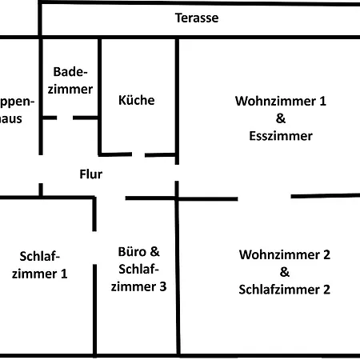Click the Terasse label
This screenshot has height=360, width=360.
(197, 18)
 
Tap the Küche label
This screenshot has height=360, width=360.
(136, 101)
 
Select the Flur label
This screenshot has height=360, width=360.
(90, 173)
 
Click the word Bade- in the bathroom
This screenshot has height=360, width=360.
(70, 73)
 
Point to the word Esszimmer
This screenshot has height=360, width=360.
(280, 135)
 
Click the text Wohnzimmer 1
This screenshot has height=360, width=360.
(281, 102)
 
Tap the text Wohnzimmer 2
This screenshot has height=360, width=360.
(284, 255)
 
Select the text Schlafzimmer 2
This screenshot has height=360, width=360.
(284, 290)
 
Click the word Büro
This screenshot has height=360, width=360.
(132, 250)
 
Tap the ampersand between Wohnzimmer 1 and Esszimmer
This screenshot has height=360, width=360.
(280, 118)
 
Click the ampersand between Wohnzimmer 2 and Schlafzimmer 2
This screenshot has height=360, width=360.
(284, 273)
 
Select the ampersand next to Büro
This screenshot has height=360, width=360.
(155, 250)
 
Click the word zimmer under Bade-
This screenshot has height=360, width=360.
(70, 90)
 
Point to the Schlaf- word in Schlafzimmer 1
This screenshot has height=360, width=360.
(39, 256)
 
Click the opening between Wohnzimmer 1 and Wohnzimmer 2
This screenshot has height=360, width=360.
(264, 197)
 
